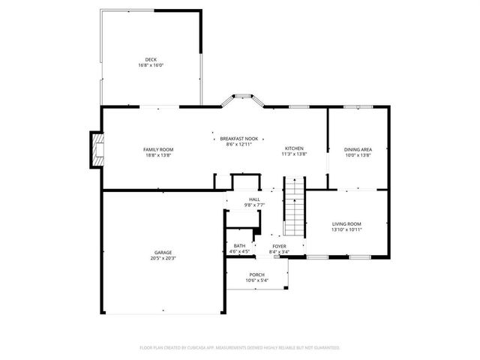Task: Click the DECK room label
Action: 151,59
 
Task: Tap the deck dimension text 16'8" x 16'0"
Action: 151,65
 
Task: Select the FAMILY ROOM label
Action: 158,149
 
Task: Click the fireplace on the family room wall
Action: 95,148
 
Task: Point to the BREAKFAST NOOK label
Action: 238,138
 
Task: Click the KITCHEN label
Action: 294,148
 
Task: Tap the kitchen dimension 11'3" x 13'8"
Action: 294,154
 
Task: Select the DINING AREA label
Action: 358,149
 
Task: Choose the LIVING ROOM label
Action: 346,223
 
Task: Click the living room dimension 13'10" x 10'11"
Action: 346,229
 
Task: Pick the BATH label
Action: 239,246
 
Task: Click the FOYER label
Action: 279,246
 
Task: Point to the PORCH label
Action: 257,274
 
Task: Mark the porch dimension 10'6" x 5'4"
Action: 257,280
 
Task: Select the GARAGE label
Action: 163,252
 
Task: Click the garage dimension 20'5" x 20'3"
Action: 163,258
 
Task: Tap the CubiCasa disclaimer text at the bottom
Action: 240,347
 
